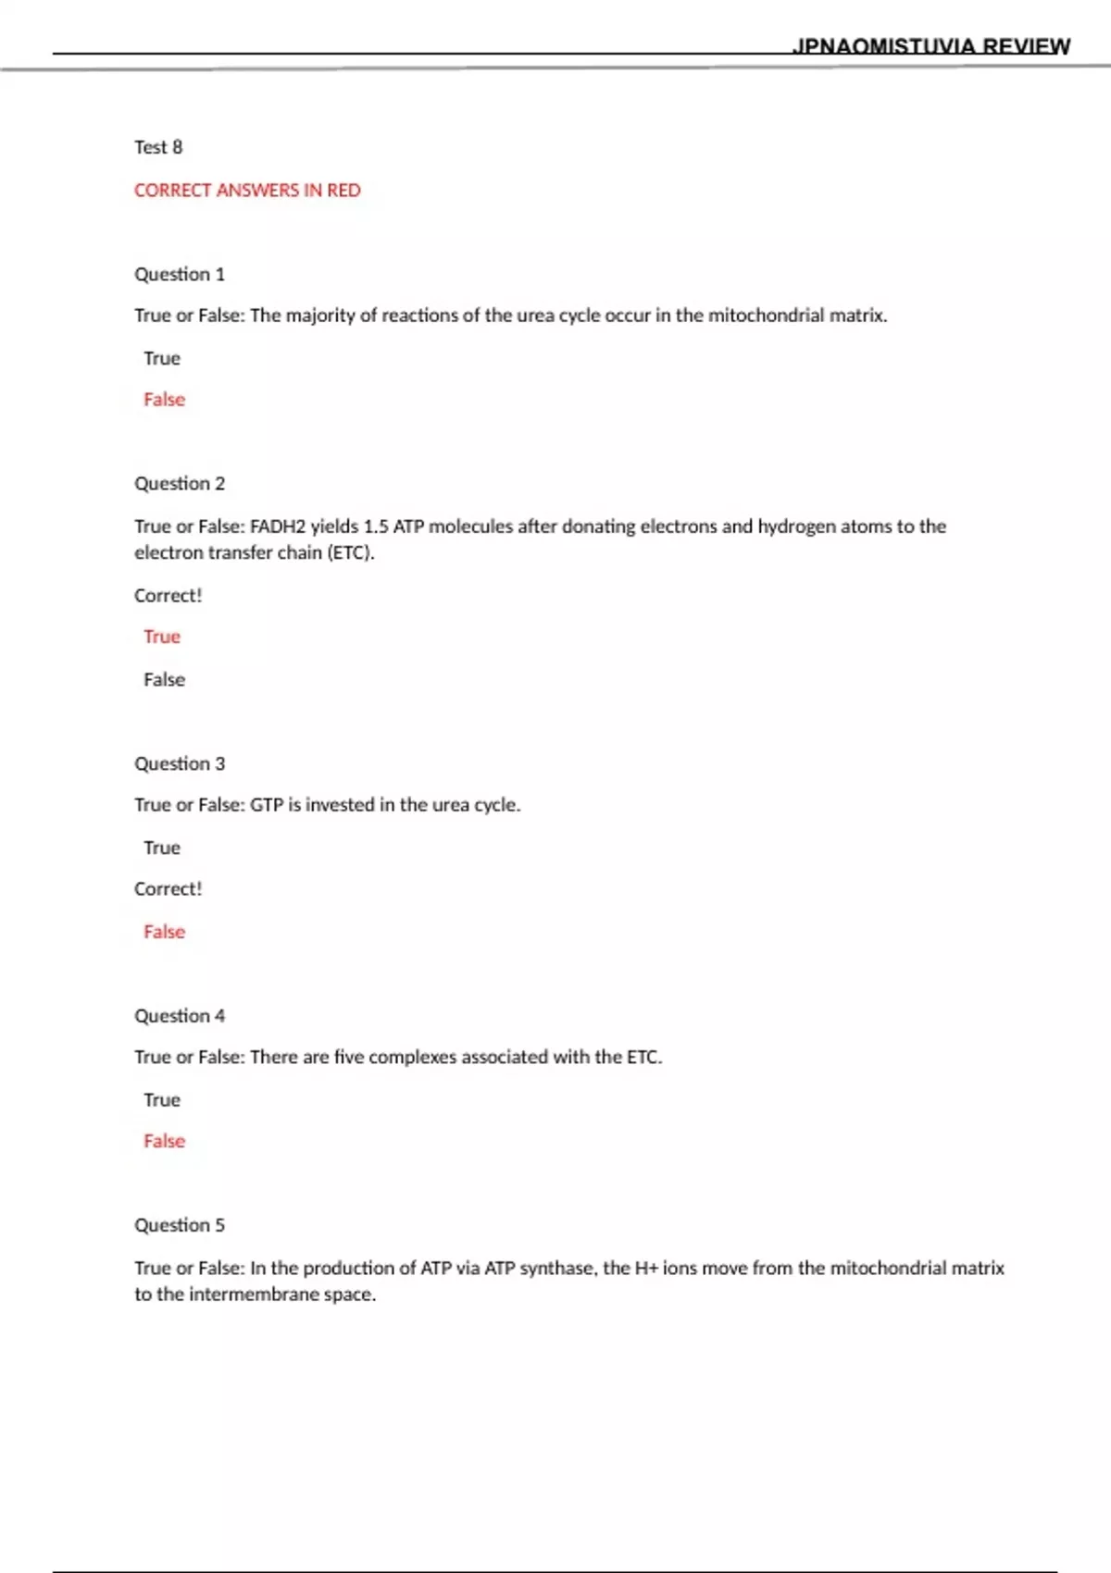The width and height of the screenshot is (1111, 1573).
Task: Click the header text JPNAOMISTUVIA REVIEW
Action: point(930,46)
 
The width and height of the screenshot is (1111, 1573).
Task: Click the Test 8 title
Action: point(158,147)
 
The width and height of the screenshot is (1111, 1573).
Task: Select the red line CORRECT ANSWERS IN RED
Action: point(247,191)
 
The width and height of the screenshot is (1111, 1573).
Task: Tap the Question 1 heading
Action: point(180,275)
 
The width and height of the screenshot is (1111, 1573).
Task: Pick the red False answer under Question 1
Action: point(164,400)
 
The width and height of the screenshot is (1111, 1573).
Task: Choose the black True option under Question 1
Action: point(162,358)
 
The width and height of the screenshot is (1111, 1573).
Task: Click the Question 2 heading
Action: point(180,484)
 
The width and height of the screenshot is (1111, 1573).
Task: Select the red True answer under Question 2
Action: point(162,637)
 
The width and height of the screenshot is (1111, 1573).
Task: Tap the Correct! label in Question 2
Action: point(168,596)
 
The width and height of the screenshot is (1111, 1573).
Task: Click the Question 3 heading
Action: point(180,764)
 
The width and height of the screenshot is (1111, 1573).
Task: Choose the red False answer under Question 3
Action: point(164,932)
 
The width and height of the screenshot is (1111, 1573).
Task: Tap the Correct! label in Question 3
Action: point(168,889)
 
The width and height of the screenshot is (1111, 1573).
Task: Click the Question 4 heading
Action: point(180,1016)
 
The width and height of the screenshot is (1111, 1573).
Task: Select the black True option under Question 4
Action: point(162,1100)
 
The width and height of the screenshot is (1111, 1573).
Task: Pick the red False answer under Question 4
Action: point(164,1142)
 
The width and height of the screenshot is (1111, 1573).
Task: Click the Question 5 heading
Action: point(180,1226)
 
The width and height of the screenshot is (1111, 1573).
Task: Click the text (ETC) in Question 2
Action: point(350,553)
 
